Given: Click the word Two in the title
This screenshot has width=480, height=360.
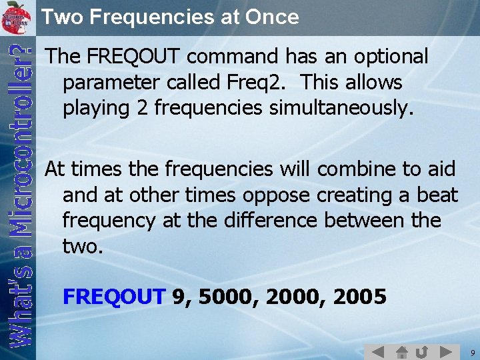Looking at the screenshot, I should (x=61, y=17).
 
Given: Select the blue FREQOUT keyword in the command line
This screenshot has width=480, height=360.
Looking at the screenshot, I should (x=113, y=296).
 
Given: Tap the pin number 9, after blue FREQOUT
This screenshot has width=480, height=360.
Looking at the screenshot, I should (x=180, y=296).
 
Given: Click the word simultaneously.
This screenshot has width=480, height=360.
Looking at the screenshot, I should (x=341, y=107).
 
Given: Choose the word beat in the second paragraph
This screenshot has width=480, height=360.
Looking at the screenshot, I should (x=437, y=195).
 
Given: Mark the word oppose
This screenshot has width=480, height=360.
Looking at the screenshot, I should (x=277, y=195).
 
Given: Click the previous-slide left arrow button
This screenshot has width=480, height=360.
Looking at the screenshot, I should (x=378, y=351).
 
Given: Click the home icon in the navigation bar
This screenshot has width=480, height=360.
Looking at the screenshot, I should (x=401, y=351).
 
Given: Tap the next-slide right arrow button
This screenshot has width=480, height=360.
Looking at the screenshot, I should (x=446, y=351).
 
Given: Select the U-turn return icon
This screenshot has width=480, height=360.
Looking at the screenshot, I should (x=423, y=351).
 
